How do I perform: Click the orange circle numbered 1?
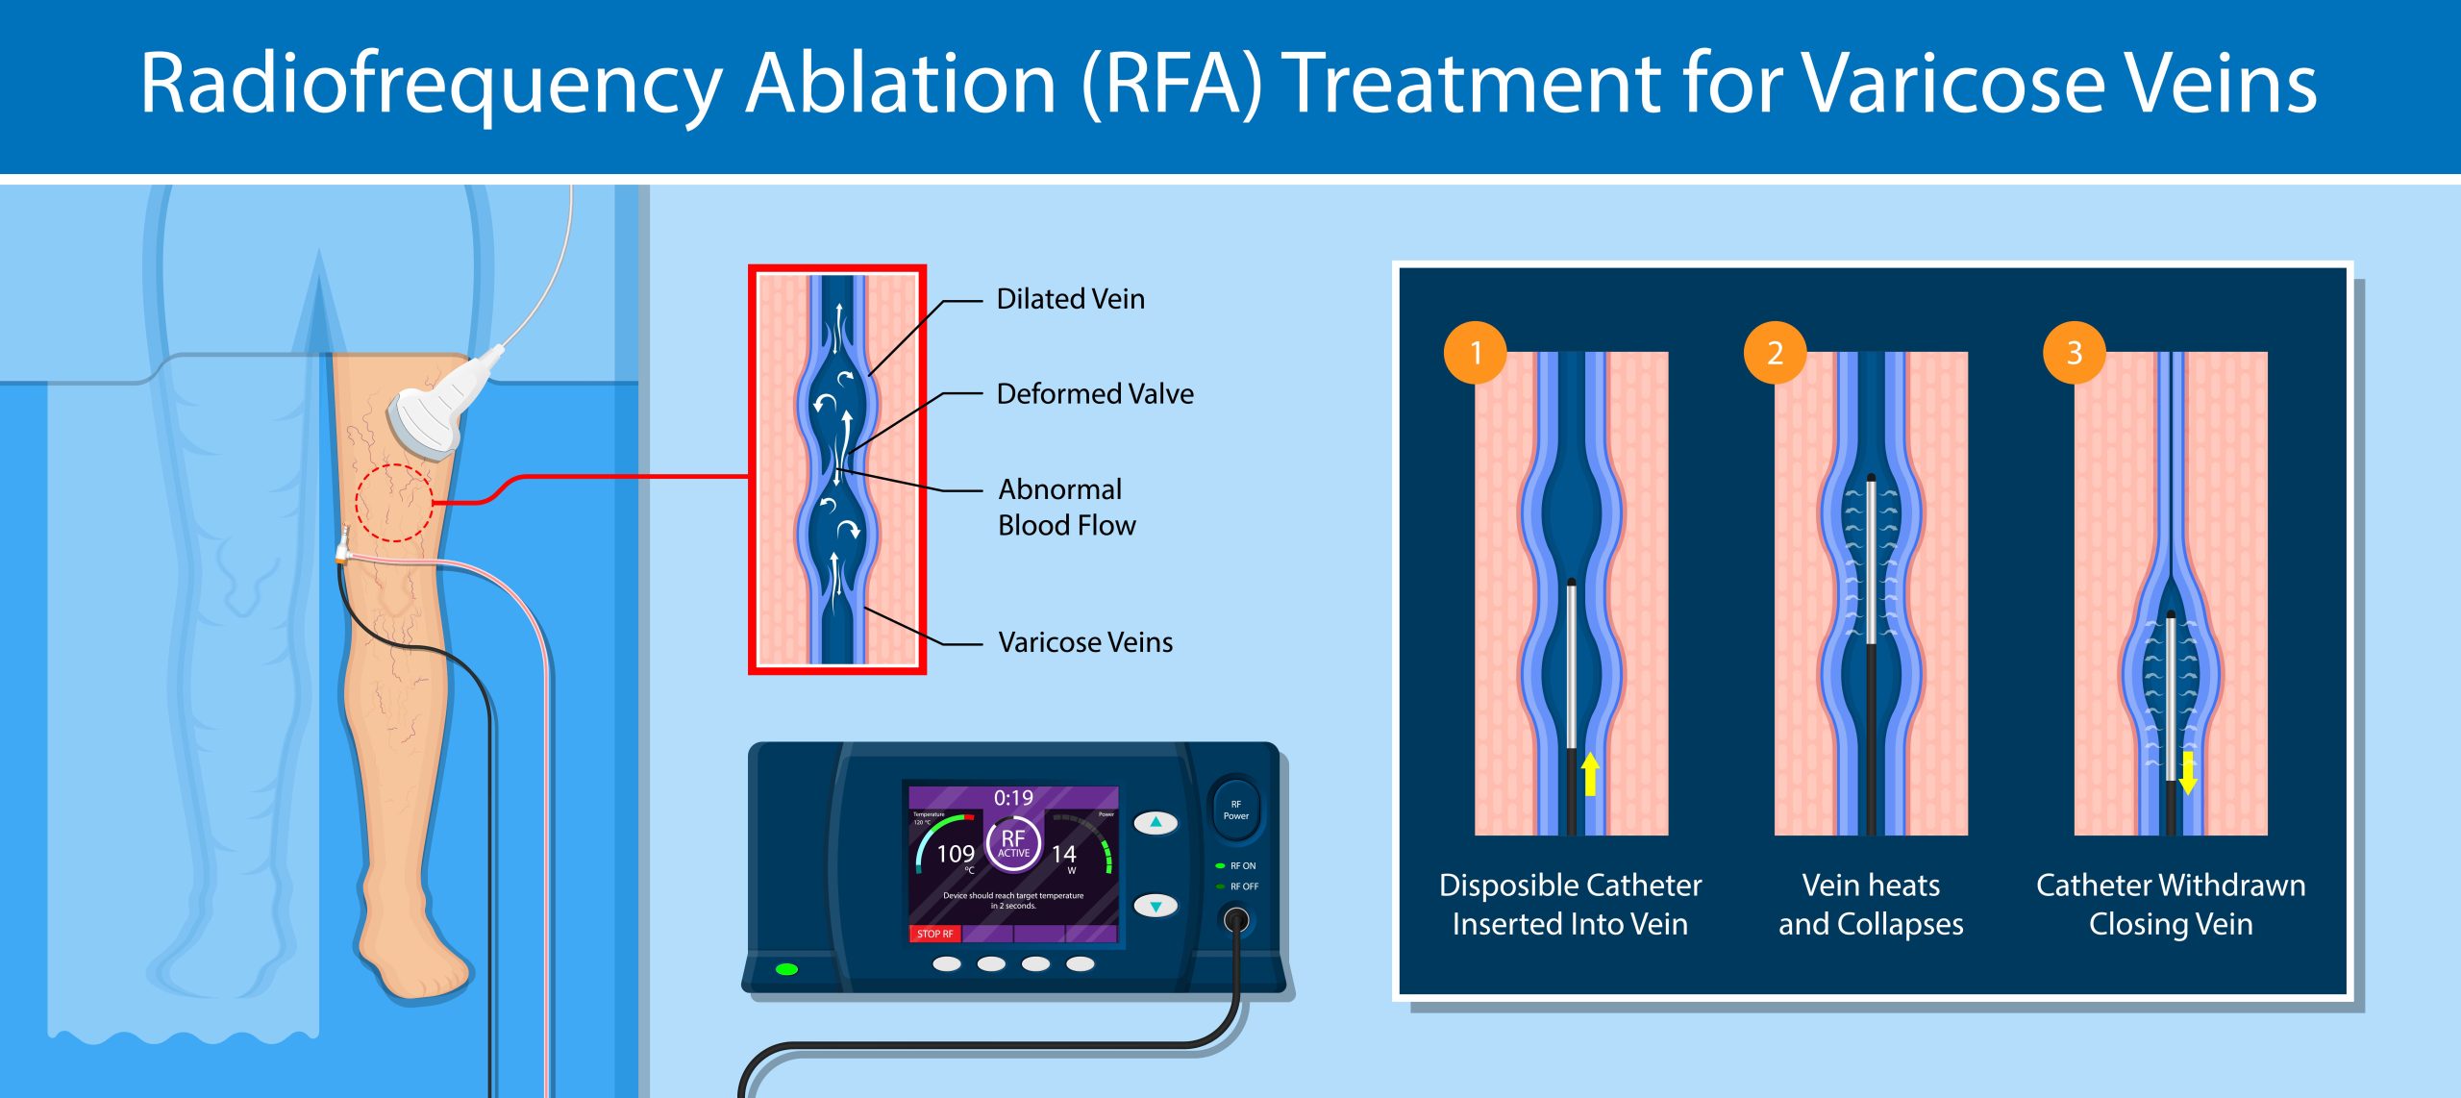[x=1475, y=353]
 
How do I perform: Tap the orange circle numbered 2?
[x=1775, y=353]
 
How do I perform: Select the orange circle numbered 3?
[x=2074, y=353]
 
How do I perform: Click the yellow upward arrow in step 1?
[x=1590, y=774]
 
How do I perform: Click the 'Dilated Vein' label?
[x=1070, y=299]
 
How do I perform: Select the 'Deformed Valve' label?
[x=1095, y=394]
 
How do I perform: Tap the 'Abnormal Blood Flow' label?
[x=1066, y=507]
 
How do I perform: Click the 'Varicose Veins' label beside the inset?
[x=1085, y=642]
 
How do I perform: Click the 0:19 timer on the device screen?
[x=1013, y=798]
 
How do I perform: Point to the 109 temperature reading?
[x=955, y=854]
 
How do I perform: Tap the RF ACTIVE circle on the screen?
[x=1013, y=844]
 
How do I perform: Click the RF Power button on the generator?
[x=1235, y=810]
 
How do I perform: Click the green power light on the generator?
[x=786, y=969]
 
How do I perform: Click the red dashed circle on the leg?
[x=394, y=503]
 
